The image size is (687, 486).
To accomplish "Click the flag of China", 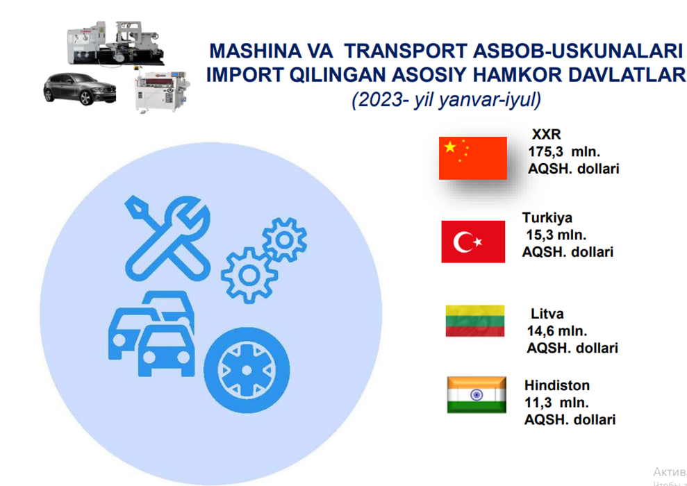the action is coord(473,158).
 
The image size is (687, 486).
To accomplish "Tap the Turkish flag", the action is coord(473,242).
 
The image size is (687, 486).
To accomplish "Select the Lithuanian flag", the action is coord(475,321).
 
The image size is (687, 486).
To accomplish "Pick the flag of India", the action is coord(477,394).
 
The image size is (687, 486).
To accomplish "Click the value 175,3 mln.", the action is coord(564,152).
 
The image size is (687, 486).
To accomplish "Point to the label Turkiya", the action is coord(547,217).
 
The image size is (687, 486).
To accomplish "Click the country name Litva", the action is coord(547,314).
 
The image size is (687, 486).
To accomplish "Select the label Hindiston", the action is coord(557,385).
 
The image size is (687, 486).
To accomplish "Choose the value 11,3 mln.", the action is coord(557,403).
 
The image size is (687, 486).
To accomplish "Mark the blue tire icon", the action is coord(247,371).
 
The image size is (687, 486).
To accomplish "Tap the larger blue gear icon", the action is coord(249,275).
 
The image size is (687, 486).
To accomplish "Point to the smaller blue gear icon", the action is coord(284,240).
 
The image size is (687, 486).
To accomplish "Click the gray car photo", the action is coord(80,89).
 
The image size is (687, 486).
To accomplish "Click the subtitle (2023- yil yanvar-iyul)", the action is coord(446,100).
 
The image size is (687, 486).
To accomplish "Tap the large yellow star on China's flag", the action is coord(450,147).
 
